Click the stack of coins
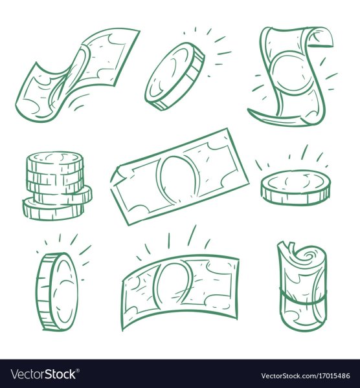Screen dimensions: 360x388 tap(57, 186)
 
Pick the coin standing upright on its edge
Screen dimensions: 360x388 tap(58, 292)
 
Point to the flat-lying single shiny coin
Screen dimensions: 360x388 tap(296, 188)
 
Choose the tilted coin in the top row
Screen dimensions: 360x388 tap(175, 76)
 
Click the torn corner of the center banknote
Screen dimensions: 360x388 tap(118, 176)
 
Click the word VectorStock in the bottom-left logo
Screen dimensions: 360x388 tap(43, 374)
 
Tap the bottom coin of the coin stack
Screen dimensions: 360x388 tap(53, 210)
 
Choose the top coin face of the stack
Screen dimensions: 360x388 tap(55, 158)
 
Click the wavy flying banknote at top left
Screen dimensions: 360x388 tap(77, 74)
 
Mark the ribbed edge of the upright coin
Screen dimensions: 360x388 tap(43, 292)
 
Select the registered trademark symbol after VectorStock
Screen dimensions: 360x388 tap(78, 370)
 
